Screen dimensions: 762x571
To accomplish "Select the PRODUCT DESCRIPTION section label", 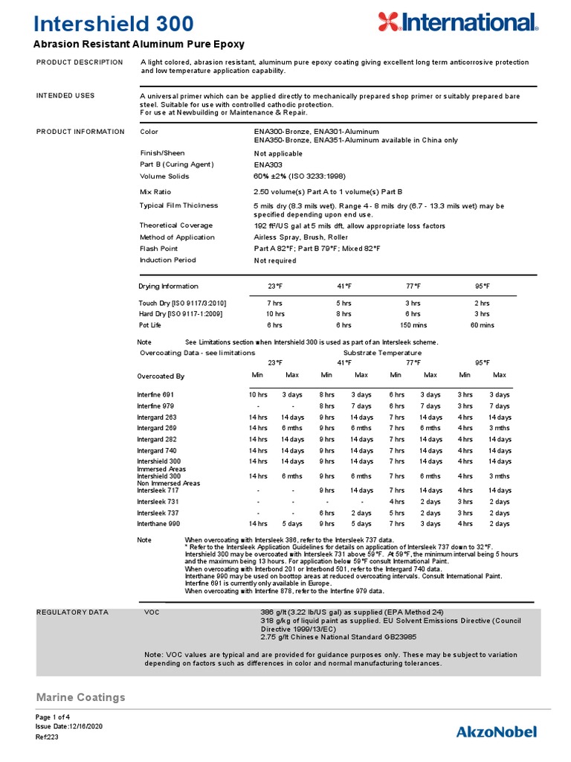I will pyautogui.click(x=80, y=63).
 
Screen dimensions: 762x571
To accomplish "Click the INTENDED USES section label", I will pyautogui.click(x=65, y=96).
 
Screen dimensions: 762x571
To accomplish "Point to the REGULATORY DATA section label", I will pyautogui.click(x=72, y=612).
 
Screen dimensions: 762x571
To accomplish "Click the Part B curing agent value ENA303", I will pyautogui.click(x=268, y=164).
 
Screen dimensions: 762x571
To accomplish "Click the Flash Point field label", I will pyautogui.click(x=159, y=249).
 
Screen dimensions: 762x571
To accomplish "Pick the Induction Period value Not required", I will pyautogui.click(x=275, y=260).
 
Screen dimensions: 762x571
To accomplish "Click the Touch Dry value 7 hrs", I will pyautogui.click(x=274, y=304).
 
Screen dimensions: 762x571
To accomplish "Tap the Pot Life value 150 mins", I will pyautogui.click(x=413, y=325).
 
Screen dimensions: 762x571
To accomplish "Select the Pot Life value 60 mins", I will pyautogui.click(x=482, y=325).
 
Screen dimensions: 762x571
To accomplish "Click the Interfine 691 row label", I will pyautogui.click(x=155, y=394).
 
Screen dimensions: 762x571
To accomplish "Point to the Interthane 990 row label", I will pyautogui.click(x=158, y=524).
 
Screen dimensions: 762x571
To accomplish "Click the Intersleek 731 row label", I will pyautogui.click(x=158, y=502).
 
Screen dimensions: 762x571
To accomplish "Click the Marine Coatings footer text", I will pyautogui.click(x=81, y=697).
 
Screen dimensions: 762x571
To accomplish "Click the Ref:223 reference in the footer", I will pyautogui.click(x=46, y=737).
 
